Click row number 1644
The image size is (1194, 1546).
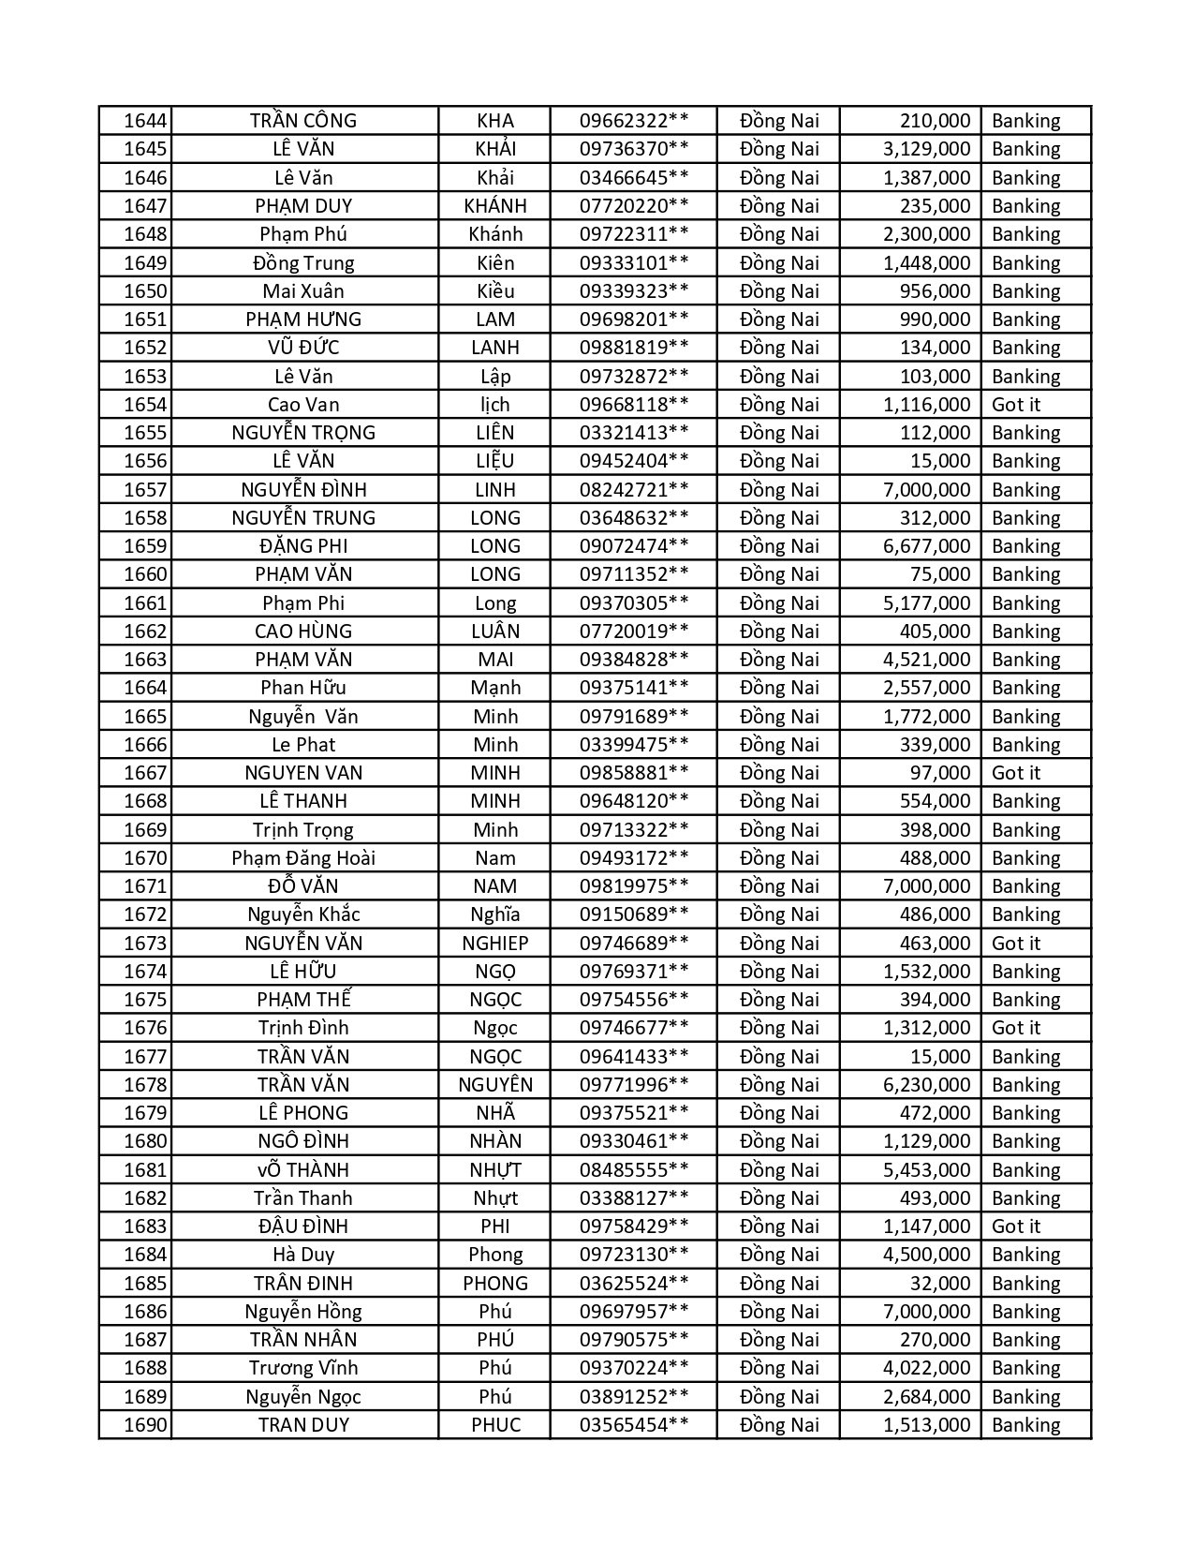pyautogui.click(x=145, y=121)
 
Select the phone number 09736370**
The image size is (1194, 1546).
pyautogui.click(x=634, y=149)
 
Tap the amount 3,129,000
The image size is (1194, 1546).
pyautogui.click(x=926, y=149)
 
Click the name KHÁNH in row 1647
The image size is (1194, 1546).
pyautogui.click(x=494, y=206)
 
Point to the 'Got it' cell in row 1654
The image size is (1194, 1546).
pyautogui.click(x=1016, y=405)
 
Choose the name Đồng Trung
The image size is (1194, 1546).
pyautogui.click(x=303, y=263)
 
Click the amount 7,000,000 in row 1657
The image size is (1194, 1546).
pyautogui.click(x=926, y=490)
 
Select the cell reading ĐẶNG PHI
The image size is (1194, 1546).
pyautogui.click(x=303, y=546)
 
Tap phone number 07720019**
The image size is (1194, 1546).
pyautogui.click(x=634, y=632)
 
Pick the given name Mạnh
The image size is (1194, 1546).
pyautogui.click(x=494, y=688)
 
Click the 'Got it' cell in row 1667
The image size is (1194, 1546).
pyautogui.click(x=1016, y=773)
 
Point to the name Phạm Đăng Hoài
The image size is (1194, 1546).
pyautogui.click(x=303, y=858)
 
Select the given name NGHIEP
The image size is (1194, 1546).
pyautogui.click(x=494, y=944)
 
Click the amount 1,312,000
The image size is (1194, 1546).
pyautogui.click(x=926, y=1028)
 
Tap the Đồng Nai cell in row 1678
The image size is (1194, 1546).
pyautogui.click(x=778, y=1085)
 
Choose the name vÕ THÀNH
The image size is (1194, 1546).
pyautogui.click(x=303, y=1170)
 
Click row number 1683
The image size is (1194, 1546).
pyautogui.click(x=145, y=1226)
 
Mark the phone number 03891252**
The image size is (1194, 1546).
pyautogui.click(x=634, y=1397)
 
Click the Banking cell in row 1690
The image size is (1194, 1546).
pyautogui.click(x=1025, y=1425)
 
